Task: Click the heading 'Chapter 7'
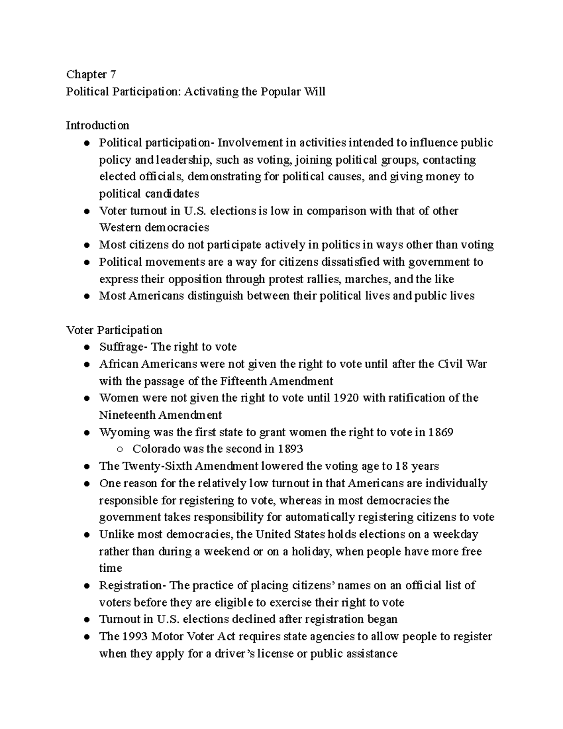click(91, 74)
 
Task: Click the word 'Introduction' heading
click(97, 125)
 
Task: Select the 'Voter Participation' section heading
click(114, 330)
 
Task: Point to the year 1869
click(441, 432)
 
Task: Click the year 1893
click(290, 449)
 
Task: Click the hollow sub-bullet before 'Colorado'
click(120, 450)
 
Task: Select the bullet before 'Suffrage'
click(86, 348)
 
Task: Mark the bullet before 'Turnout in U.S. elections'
click(86, 620)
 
